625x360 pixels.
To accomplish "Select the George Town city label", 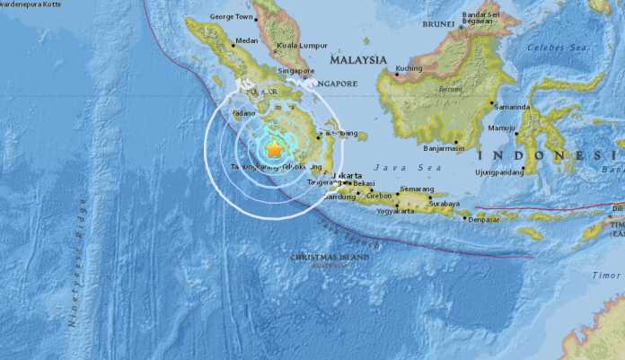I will tap(232, 16).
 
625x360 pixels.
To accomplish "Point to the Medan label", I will tap(246, 40).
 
